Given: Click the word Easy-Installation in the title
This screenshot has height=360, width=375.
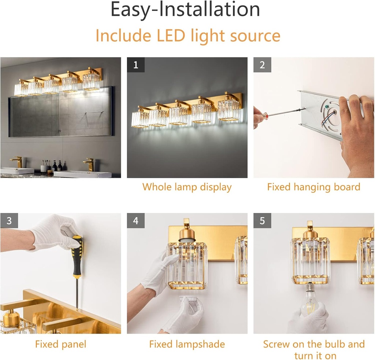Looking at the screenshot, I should (185, 10).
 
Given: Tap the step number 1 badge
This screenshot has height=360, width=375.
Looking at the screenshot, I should (136, 65).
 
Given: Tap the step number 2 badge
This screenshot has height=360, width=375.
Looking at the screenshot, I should (262, 65).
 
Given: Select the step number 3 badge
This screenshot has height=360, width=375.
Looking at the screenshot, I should (9, 221).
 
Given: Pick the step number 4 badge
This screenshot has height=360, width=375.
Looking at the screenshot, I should (136, 221).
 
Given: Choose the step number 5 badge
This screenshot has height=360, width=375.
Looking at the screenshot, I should (262, 221).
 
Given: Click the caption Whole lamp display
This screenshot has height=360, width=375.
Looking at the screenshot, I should (187, 187).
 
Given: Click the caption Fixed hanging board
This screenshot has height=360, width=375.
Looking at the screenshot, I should (313, 187).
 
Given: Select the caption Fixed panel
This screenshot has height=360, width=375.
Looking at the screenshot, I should (60, 344).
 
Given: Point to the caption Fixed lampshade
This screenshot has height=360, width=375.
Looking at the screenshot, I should (187, 344).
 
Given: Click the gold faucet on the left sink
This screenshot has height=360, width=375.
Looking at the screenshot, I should (17, 161).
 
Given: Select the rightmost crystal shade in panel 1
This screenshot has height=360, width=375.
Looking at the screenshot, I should (229, 109).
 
